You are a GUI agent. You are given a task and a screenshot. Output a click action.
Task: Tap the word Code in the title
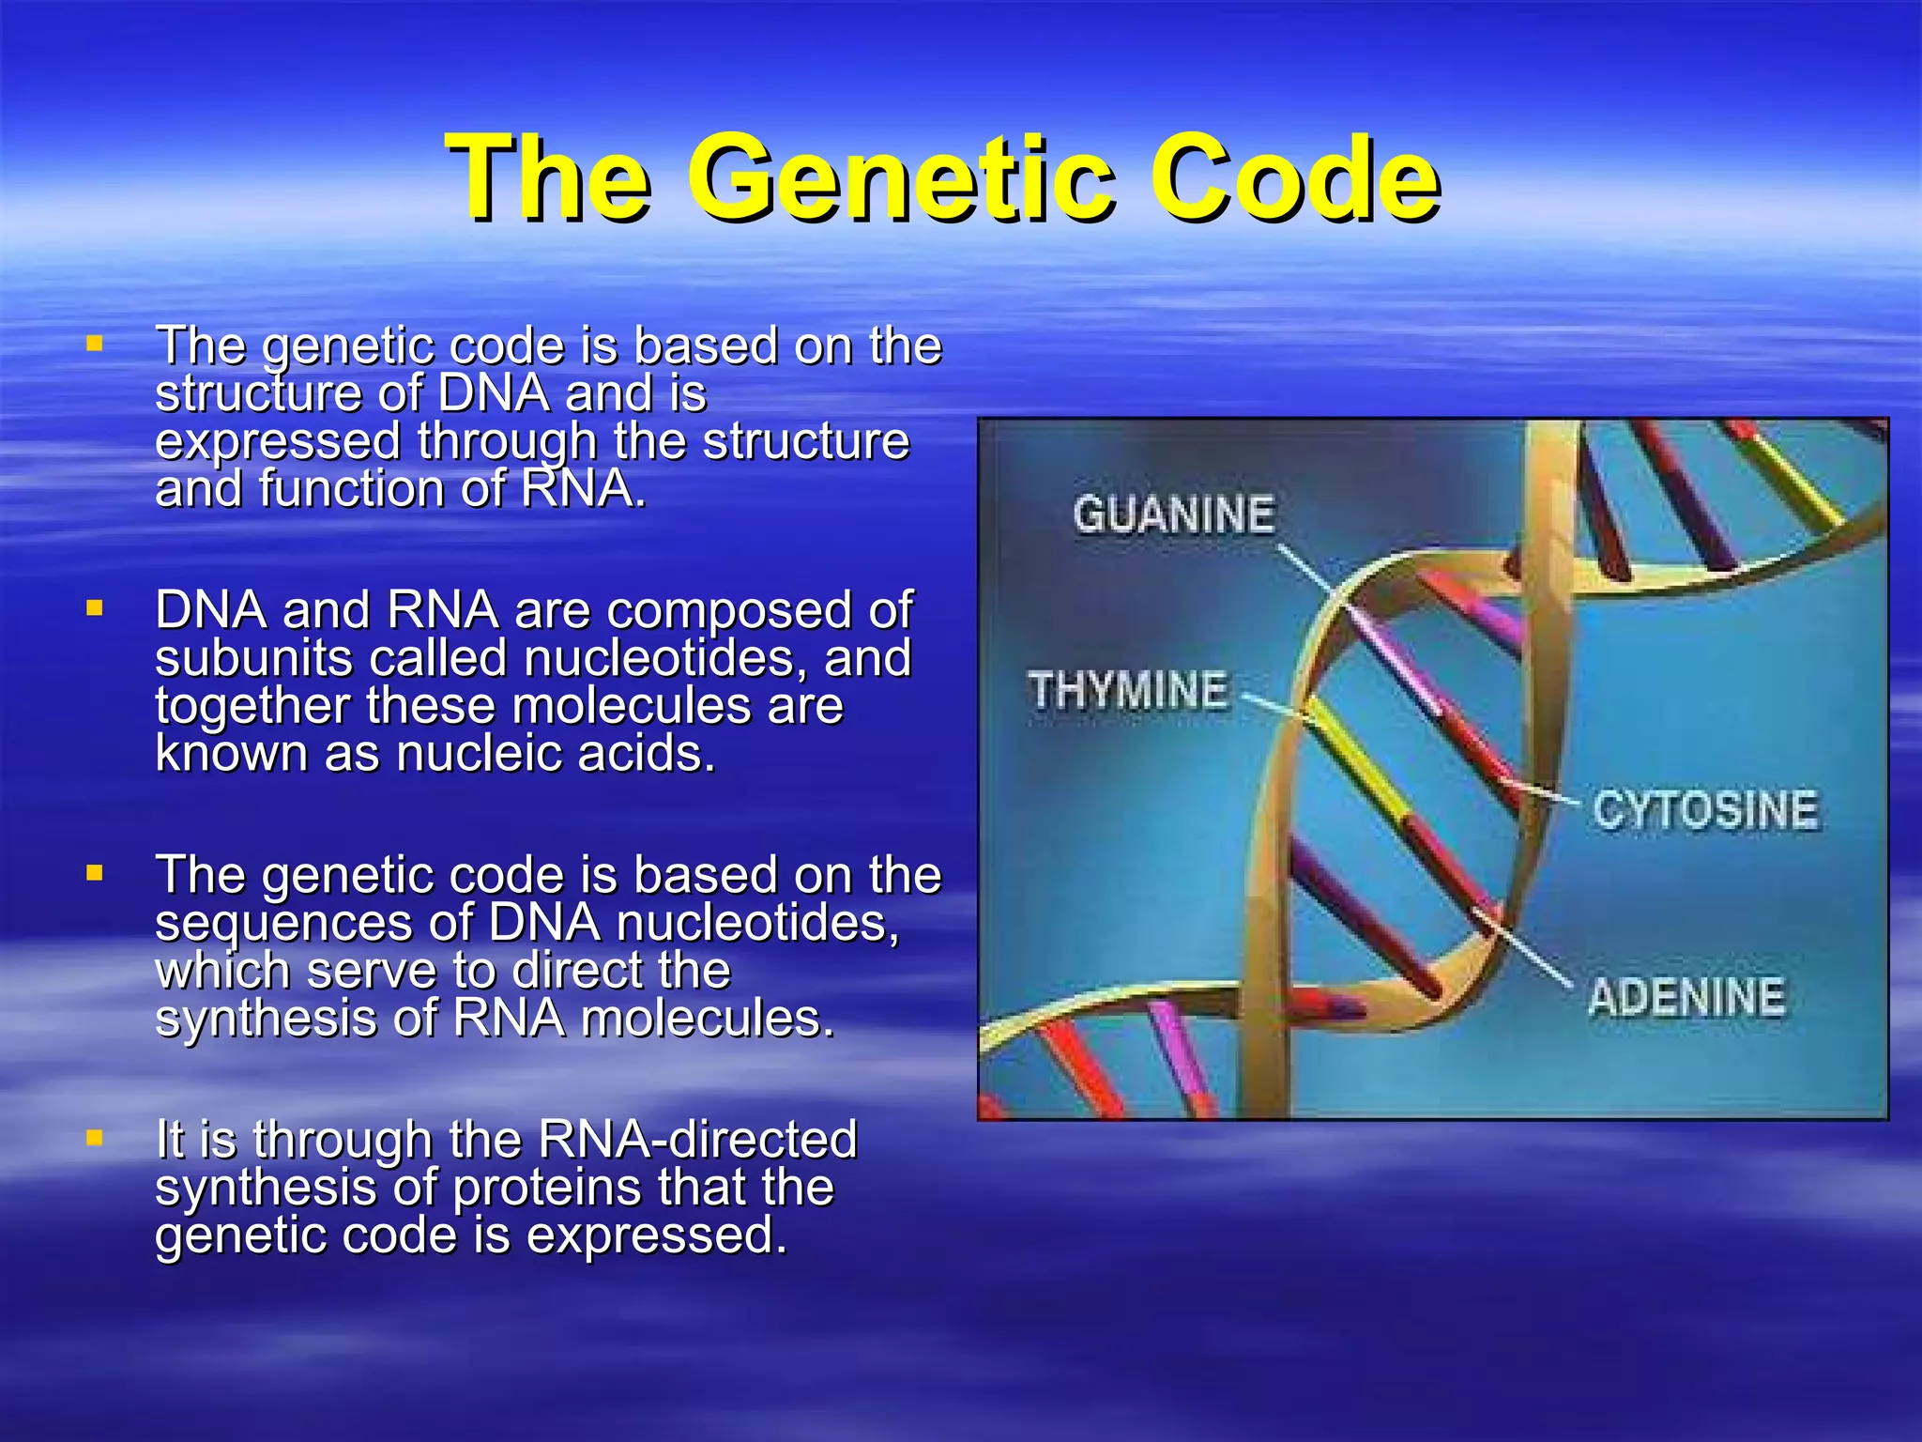click(1301, 178)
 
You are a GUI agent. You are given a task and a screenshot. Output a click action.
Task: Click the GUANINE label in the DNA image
click(1173, 515)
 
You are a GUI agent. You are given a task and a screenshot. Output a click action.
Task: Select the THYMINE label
click(1128, 691)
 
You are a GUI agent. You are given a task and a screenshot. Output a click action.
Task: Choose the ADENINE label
click(1686, 997)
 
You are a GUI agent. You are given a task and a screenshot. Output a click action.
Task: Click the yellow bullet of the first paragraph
click(94, 344)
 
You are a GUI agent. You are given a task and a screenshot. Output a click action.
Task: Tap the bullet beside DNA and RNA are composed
click(94, 608)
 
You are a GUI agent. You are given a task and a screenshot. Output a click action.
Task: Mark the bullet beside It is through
click(94, 1138)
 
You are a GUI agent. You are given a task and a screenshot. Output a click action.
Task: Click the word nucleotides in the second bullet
click(664, 657)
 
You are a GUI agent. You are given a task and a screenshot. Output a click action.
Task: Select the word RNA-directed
click(697, 1139)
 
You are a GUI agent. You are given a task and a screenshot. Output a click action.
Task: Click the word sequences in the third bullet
click(283, 924)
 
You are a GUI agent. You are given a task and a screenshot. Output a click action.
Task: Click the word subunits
click(253, 657)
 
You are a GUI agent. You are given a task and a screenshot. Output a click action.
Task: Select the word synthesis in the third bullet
click(266, 1019)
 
